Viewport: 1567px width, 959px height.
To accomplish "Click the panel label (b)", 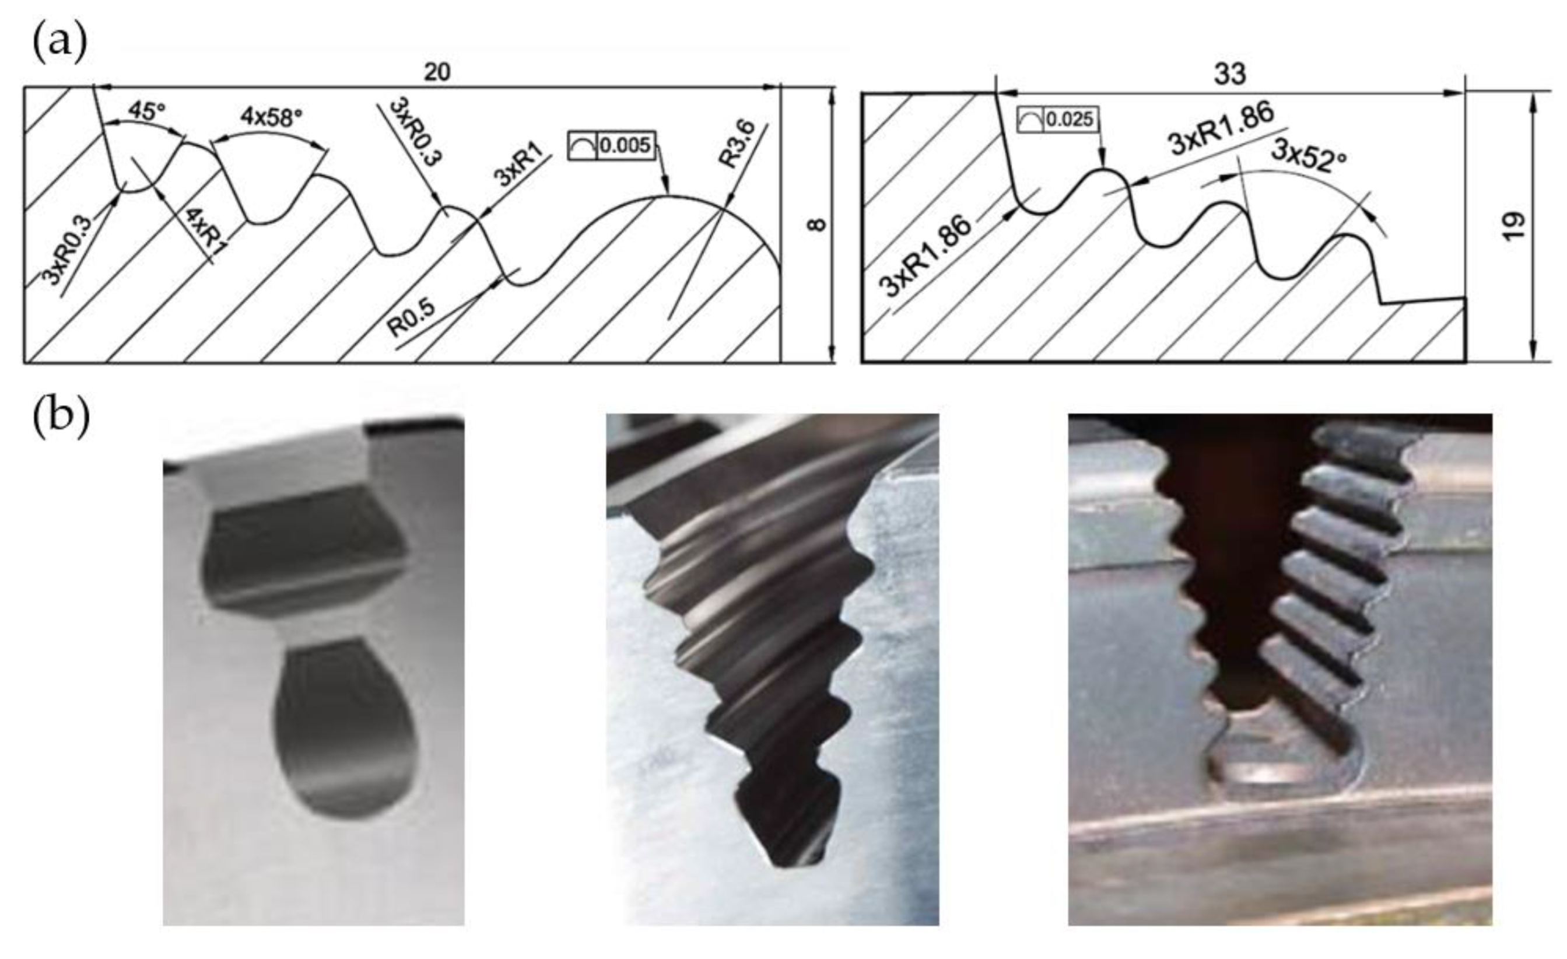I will pyautogui.click(x=61, y=418).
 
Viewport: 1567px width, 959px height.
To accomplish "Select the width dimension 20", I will pyautogui.click(x=437, y=72).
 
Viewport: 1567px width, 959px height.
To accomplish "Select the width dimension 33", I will pyautogui.click(x=1230, y=75).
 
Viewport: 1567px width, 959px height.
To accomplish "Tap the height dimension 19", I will pyautogui.click(x=1516, y=226).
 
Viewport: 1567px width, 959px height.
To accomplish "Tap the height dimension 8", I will pyautogui.click(x=818, y=225).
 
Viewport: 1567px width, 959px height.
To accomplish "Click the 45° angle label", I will pyautogui.click(x=146, y=111).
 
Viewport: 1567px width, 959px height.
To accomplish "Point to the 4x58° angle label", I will pyautogui.click(x=271, y=117).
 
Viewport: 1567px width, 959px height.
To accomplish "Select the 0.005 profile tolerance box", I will pyautogui.click(x=612, y=146).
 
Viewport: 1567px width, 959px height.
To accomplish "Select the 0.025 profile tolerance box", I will pyautogui.click(x=1058, y=120).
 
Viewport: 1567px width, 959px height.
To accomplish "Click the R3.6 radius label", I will pyautogui.click(x=738, y=145).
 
